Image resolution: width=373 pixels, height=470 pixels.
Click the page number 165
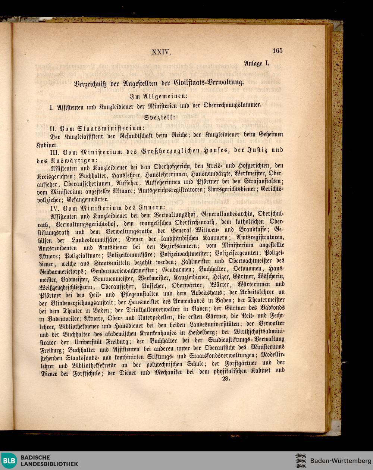pos(277,51)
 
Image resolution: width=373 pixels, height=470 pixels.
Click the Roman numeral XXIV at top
pos(161,52)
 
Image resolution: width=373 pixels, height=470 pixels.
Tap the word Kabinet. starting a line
pos(47,145)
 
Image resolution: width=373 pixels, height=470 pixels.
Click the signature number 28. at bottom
pos(226,379)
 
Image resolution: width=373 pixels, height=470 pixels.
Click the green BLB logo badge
pos(9,461)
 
